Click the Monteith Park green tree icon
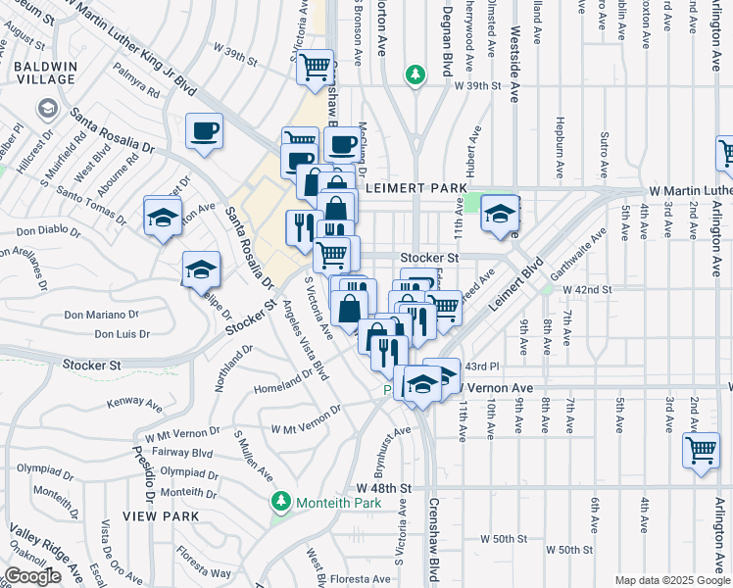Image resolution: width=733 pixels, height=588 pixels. [281, 502]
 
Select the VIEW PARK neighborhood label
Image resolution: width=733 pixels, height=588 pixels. [161, 515]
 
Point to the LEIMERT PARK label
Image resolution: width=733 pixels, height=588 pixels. [407, 186]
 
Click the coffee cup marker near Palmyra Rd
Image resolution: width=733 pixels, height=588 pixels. [205, 131]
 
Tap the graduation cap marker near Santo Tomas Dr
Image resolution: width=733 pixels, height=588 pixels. [163, 216]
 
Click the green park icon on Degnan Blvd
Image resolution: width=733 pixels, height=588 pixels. [416, 74]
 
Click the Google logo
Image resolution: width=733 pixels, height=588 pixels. [32, 576]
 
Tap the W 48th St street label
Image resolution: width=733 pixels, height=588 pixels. [383, 487]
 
